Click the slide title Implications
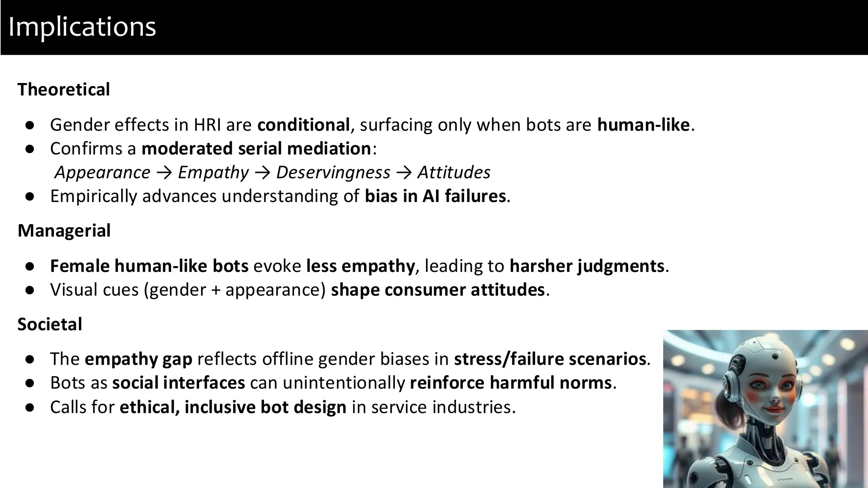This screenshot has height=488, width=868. (x=82, y=27)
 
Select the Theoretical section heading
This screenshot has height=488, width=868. (x=64, y=90)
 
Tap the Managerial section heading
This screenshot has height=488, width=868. (x=64, y=231)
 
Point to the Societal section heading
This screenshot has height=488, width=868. (x=50, y=324)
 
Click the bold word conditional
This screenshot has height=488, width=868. (x=303, y=125)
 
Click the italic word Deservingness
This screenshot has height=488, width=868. (x=333, y=172)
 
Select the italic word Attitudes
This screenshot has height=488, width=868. (x=454, y=172)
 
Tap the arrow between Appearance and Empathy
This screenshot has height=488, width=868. (x=164, y=172)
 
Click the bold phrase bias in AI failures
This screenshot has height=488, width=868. (x=435, y=196)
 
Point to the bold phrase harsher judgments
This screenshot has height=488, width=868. (x=587, y=266)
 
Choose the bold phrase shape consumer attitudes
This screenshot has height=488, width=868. (x=438, y=290)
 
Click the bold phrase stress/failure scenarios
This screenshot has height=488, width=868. (x=550, y=359)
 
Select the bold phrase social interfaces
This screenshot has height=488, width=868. (x=178, y=383)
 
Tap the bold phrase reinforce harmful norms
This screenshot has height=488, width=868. (x=511, y=383)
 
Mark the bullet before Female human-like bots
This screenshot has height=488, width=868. (x=30, y=266)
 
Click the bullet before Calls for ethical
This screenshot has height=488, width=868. (x=30, y=408)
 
